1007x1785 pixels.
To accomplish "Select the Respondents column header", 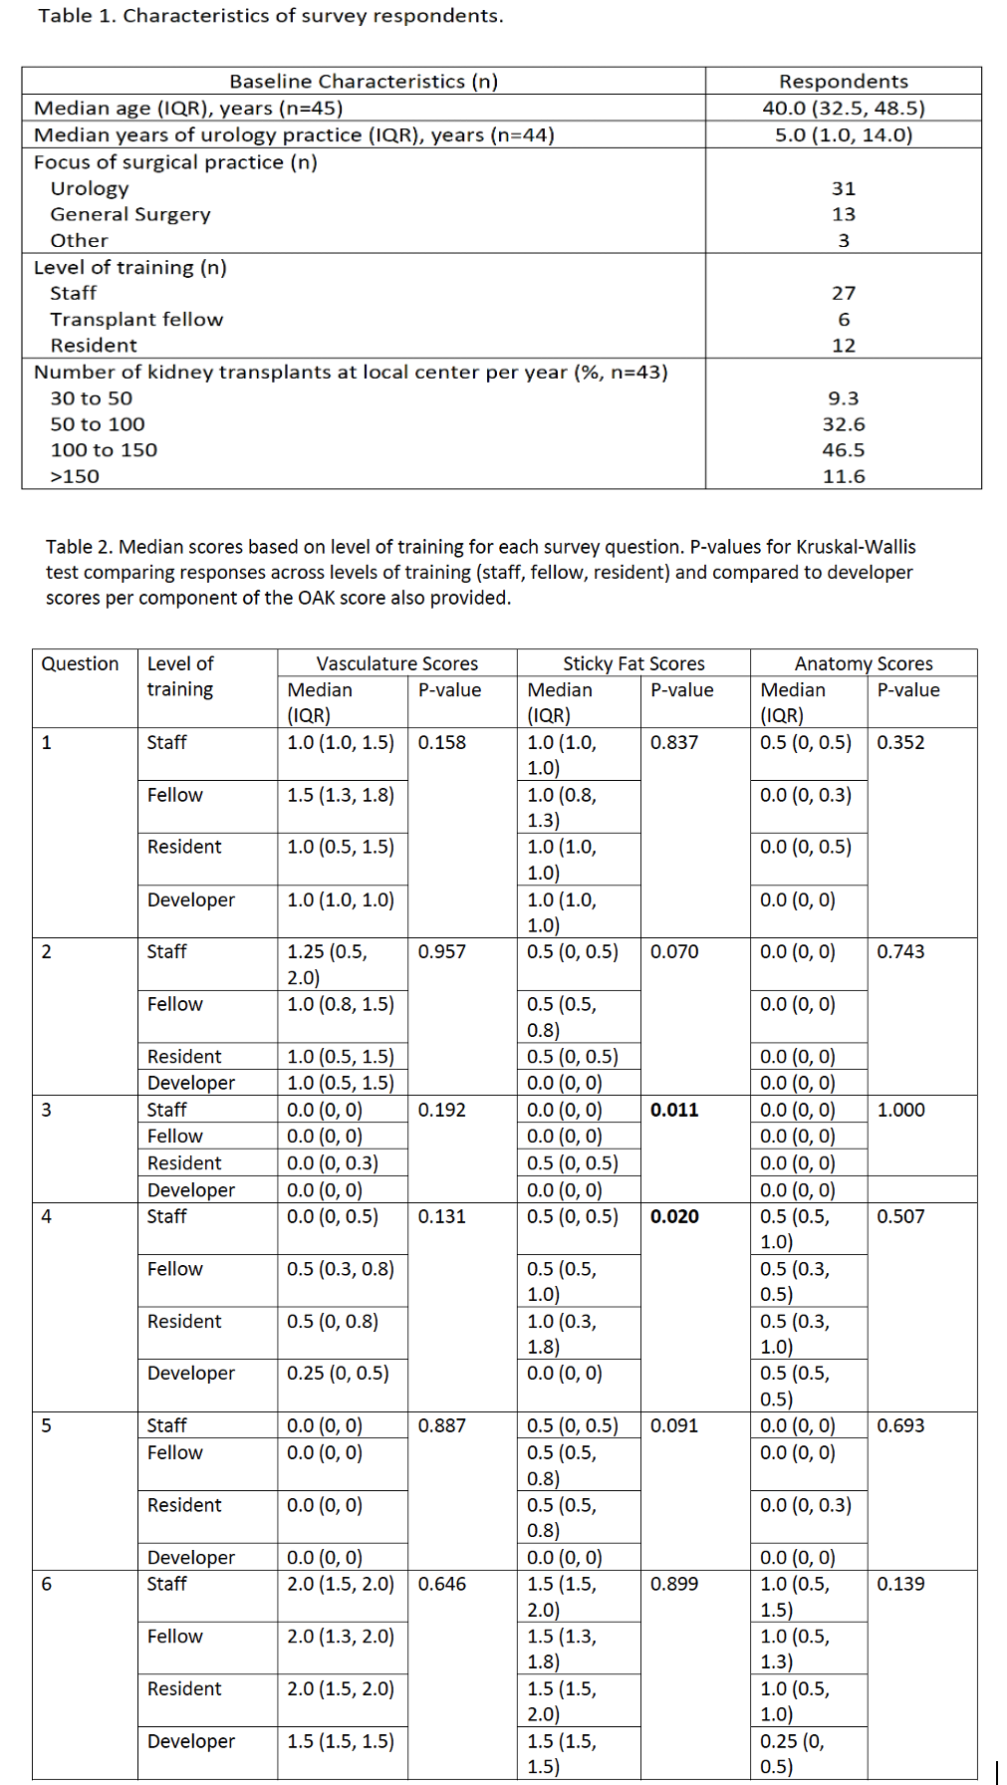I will [x=843, y=82].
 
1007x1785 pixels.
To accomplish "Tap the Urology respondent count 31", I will [x=843, y=188].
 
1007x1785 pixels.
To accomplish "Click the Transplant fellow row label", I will [x=136, y=319].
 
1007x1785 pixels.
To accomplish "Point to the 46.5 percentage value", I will [x=843, y=450].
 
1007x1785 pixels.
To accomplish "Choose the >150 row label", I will [x=75, y=476].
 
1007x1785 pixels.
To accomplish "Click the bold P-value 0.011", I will [x=674, y=1110].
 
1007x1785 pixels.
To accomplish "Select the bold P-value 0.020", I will [x=674, y=1216].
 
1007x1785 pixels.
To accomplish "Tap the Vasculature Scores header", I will [x=396, y=663].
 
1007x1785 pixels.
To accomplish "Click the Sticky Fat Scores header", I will [x=633, y=663].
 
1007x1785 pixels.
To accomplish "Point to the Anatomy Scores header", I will [x=864, y=663].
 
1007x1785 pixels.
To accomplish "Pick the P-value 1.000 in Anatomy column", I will [x=900, y=1110].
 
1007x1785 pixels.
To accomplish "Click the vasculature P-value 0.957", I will [x=441, y=951].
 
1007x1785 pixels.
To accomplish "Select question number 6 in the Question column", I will [x=47, y=1584].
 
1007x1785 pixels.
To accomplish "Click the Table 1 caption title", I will [x=270, y=16].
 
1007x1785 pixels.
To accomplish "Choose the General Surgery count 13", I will [x=843, y=214].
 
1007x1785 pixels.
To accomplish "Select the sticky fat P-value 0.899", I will [x=674, y=1584].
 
